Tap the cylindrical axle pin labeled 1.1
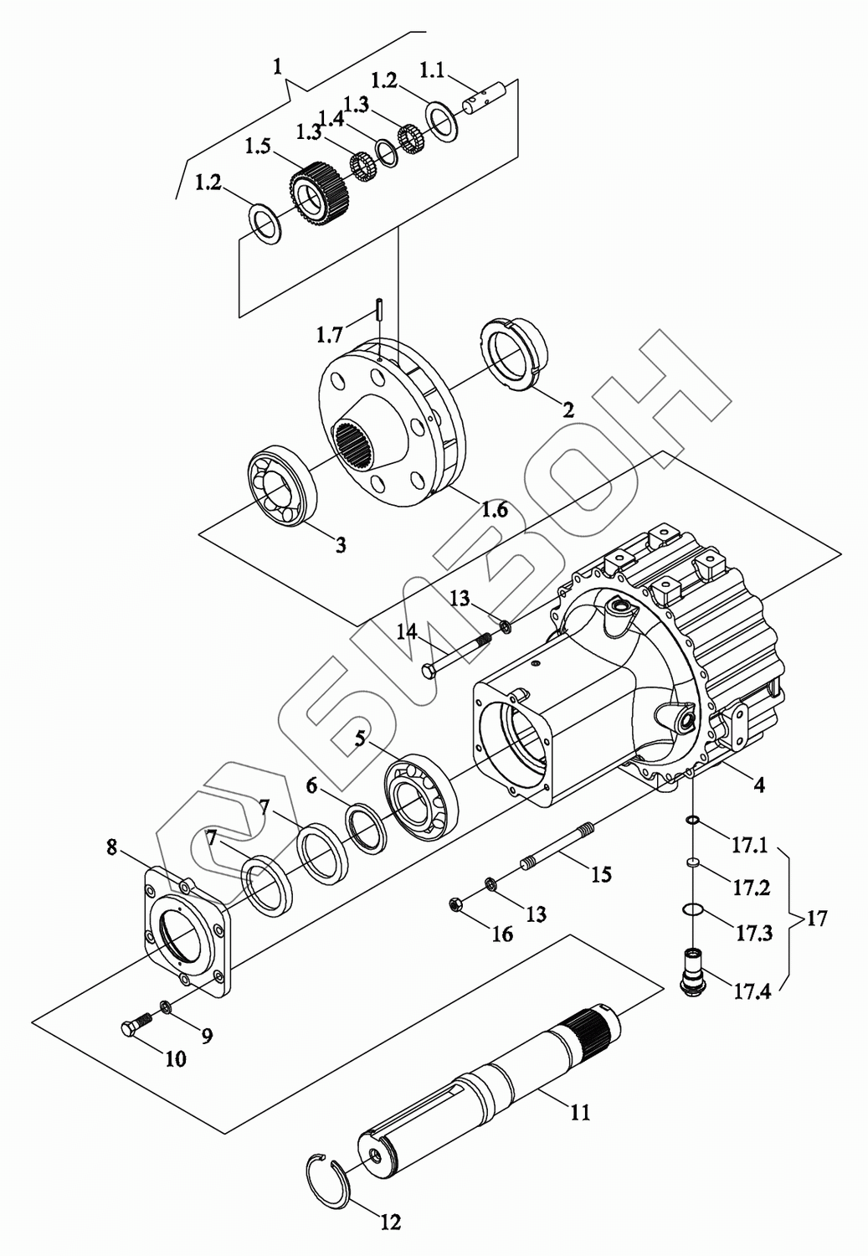[x=485, y=97]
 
